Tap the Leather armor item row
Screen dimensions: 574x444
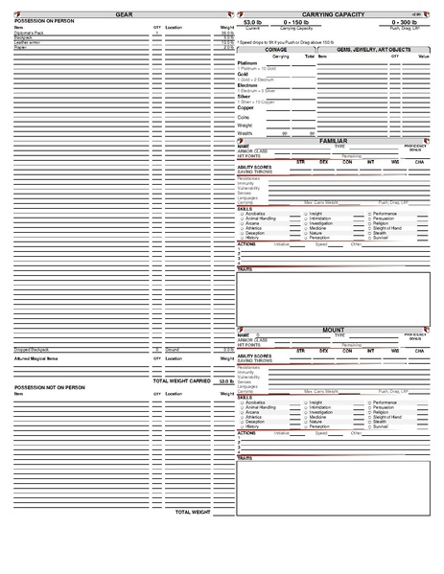[x=29, y=43]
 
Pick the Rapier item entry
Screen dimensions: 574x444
[x=21, y=48]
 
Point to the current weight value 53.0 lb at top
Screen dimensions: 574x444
[x=253, y=21]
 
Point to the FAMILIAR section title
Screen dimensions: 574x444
[x=333, y=140]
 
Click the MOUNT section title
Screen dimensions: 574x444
[x=333, y=329]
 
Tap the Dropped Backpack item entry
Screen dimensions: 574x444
[x=34, y=350]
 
